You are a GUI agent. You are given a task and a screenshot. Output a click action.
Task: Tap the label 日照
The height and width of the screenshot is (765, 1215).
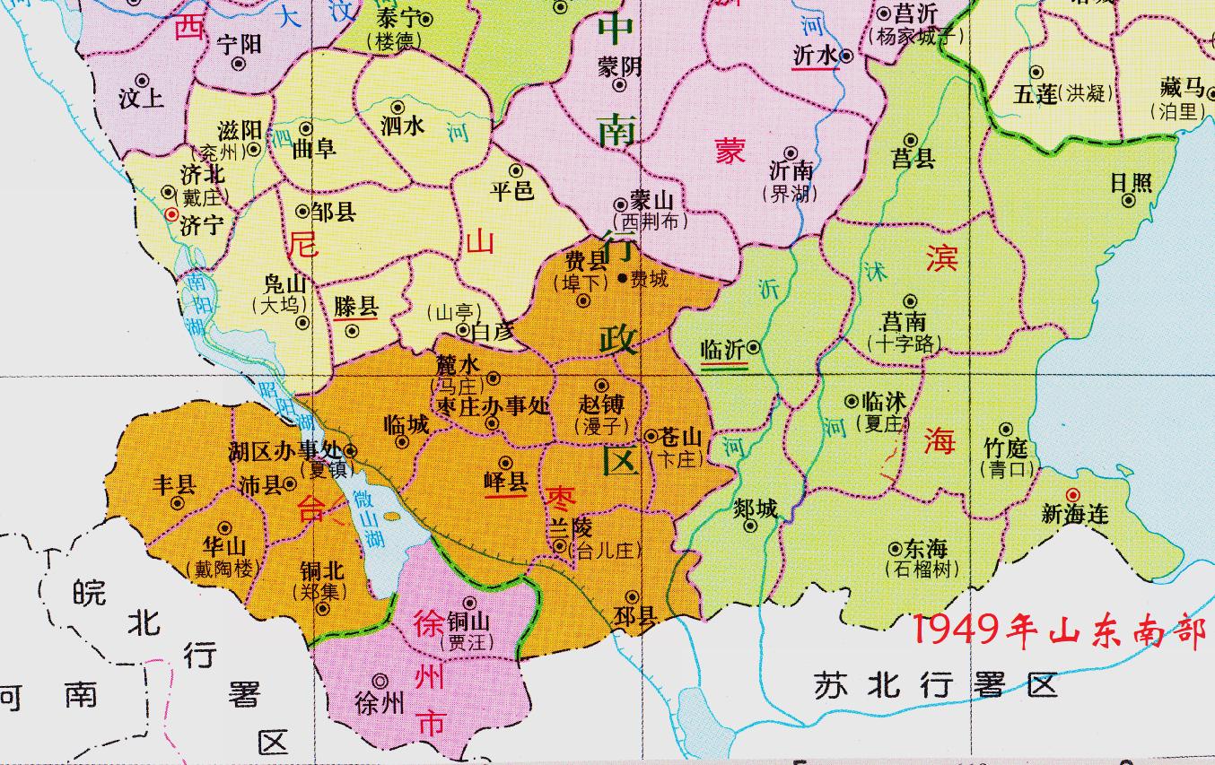tap(1131, 182)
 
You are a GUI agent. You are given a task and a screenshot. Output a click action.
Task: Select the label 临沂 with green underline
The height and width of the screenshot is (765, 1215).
tap(722, 351)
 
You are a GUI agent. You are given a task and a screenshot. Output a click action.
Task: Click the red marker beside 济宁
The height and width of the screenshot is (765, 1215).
tap(171, 214)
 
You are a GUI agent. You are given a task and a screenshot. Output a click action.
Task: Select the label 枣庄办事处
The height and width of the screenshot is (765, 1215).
tap(493, 406)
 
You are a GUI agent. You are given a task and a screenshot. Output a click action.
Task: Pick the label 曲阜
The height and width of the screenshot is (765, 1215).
tap(314, 149)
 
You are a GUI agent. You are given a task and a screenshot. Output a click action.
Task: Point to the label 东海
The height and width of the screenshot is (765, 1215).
tap(925, 548)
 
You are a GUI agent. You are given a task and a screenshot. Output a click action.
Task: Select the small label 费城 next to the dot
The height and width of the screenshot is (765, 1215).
tap(649, 280)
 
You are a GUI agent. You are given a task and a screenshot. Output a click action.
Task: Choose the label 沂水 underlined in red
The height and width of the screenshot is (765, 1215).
tap(815, 56)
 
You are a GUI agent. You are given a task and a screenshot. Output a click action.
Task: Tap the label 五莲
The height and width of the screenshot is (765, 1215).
tap(1035, 93)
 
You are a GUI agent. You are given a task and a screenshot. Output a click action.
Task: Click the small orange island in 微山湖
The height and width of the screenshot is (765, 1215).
tap(392, 516)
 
